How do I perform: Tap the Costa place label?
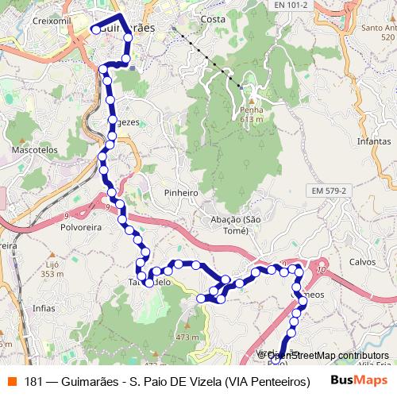point(213,19)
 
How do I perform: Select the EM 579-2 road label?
point(328,191)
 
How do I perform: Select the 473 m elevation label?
point(187,337)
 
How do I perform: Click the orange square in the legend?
point(10,381)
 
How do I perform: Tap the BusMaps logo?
point(361,380)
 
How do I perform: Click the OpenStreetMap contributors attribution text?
point(327,356)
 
